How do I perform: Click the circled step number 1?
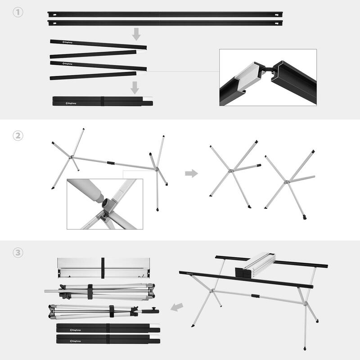pyautogui.click(x=18, y=13)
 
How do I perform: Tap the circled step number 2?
pyautogui.click(x=18, y=135)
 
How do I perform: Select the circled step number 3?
pyautogui.click(x=18, y=253)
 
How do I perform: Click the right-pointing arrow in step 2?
pyautogui.click(x=191, y=173)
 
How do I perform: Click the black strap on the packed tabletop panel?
pyautogui.click(x=103, y=268)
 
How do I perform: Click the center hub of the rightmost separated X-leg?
pyautogui.click(x=286, y=182)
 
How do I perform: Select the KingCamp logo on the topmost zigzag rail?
pyautogui.click(x=69, y=42)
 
